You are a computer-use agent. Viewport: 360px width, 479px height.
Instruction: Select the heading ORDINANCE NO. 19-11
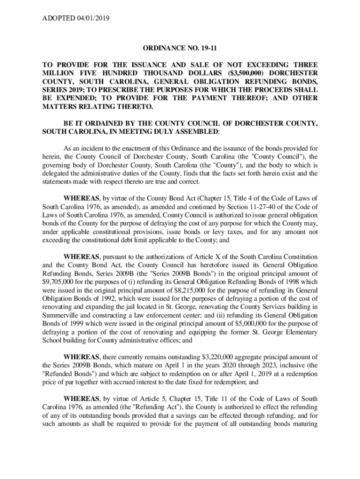pyautogui.click(x=180, y=48)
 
